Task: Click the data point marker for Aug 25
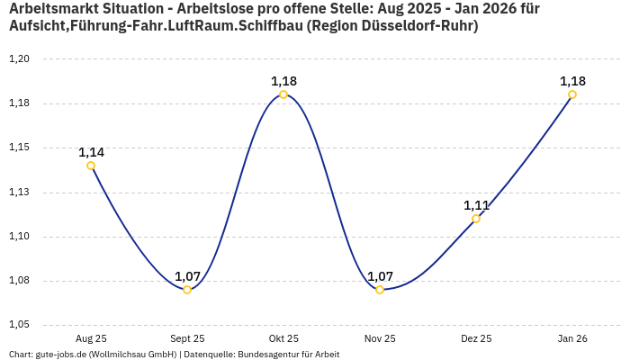pyautogui.click(x=91, y=166)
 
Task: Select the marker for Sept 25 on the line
pyautogui.click(x=187, y=290)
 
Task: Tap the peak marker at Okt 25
pyautogui.click(x=283, y=94)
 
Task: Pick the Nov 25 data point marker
pyautogui.click(x=380, y=290)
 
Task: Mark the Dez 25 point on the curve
pyautogui.click(x=476, y=219)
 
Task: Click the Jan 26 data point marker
pyautogui.click(x=572, y=94)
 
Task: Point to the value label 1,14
pyautogui.click(x=91, y=152)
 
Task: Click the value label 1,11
pyautogui.click(x=476, y=205)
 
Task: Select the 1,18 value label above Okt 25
pyautogui.click(x=283, y=81)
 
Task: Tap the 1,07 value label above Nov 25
pyautogui.click(x=380, y=276)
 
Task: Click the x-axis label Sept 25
pyautogui.click(x=187, y=338)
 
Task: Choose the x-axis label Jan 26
pyautogui.click(x=572, y=338)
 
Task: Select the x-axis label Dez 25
pyautogui.click(x=476, y=338)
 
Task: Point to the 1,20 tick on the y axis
pyautogui.click(x=19, y=59)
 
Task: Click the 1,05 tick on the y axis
pyautogui.click(x=19, y=325)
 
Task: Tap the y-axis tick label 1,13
pyautogui.click(x=19, y=192)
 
